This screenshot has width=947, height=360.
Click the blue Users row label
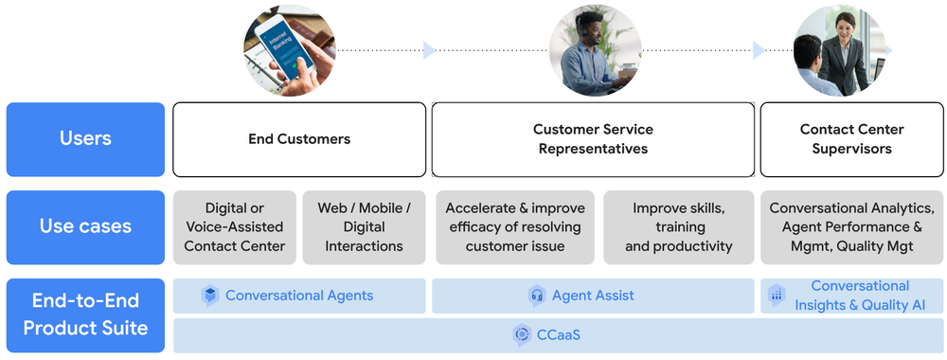coord(85,139)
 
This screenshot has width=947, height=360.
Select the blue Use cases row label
coord(85,226)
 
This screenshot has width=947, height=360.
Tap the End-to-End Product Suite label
coord(85,315)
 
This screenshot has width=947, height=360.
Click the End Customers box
coord(299,139)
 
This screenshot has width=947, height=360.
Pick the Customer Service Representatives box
coord(593,139)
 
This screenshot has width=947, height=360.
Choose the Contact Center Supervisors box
coord(851,139)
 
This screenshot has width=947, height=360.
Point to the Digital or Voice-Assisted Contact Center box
coord(235,227)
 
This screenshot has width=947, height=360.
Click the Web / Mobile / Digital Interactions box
coord(365,227)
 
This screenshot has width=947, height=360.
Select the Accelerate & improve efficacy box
coord(515,227)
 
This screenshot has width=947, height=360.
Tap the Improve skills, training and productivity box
coord(679,227)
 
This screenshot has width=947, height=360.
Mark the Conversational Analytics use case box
coord(851,227)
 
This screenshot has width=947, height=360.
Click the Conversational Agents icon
coord(210,296)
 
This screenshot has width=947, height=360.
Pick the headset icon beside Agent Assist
coord(537,296)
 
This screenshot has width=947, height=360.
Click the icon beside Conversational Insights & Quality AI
coord(777,295)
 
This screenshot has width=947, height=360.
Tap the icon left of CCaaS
coord(521,334)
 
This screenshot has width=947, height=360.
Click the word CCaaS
coord(560,334)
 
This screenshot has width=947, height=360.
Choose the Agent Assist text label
coord(593,296)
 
